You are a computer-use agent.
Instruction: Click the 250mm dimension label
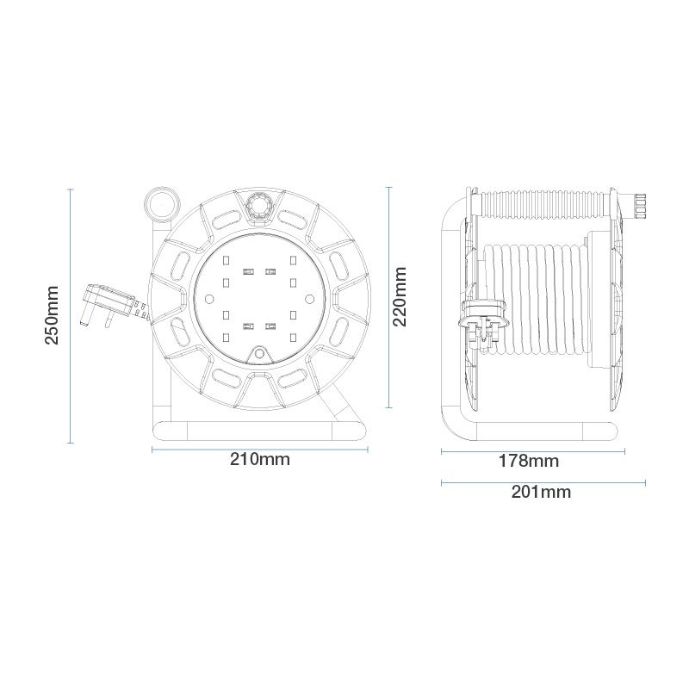point(53,315)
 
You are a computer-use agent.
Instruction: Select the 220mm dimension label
point(400,296)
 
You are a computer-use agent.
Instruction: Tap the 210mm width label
point(260,459)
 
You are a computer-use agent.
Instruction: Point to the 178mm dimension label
point(529,461)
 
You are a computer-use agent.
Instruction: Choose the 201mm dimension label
point(542,492)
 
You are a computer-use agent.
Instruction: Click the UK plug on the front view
point(108,304)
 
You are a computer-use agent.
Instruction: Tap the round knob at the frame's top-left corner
point(162,205)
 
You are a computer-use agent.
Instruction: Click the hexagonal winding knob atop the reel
point(258,206)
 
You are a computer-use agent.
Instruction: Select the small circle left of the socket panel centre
point(209,299)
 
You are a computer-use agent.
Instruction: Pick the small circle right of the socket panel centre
point(309,299)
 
